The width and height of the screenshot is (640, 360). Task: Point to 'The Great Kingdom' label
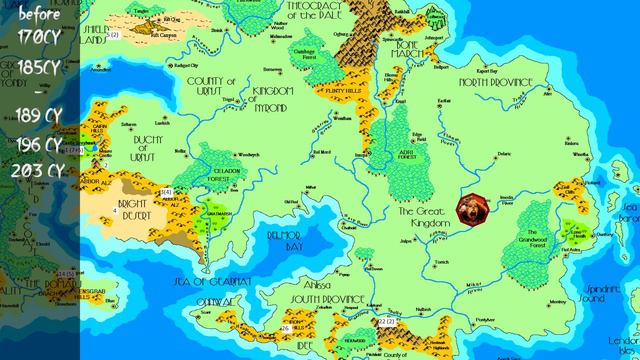(426, 218)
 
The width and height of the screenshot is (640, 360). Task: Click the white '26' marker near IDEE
(285, 328)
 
